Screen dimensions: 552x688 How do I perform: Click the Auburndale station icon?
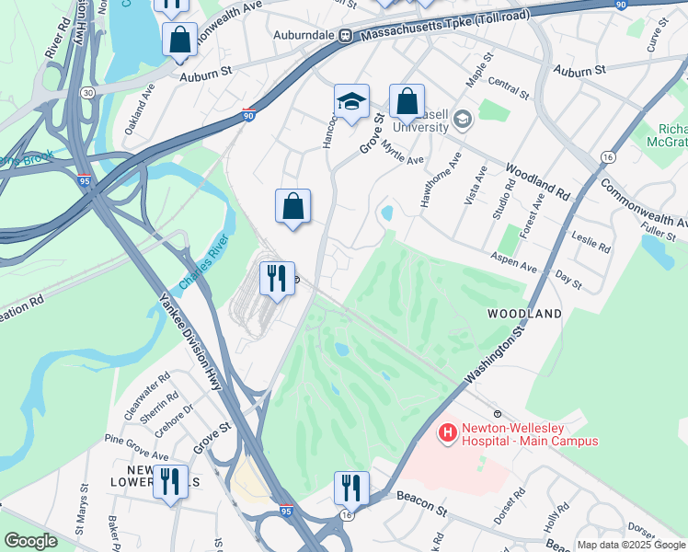click(346, 36)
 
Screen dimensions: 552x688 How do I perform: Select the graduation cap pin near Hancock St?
click(350, 103)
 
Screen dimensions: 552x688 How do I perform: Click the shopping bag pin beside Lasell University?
click(406, 103)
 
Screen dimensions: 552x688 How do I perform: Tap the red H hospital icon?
click(448, 431)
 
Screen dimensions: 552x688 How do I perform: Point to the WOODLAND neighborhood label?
click(524, 314)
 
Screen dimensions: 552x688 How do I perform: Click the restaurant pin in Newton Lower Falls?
click(169, 484)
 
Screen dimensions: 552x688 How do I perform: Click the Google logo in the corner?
click(30, 541)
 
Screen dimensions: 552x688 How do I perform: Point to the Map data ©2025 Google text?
click(631, 545)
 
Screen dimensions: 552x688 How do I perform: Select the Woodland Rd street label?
click(538, 183)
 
